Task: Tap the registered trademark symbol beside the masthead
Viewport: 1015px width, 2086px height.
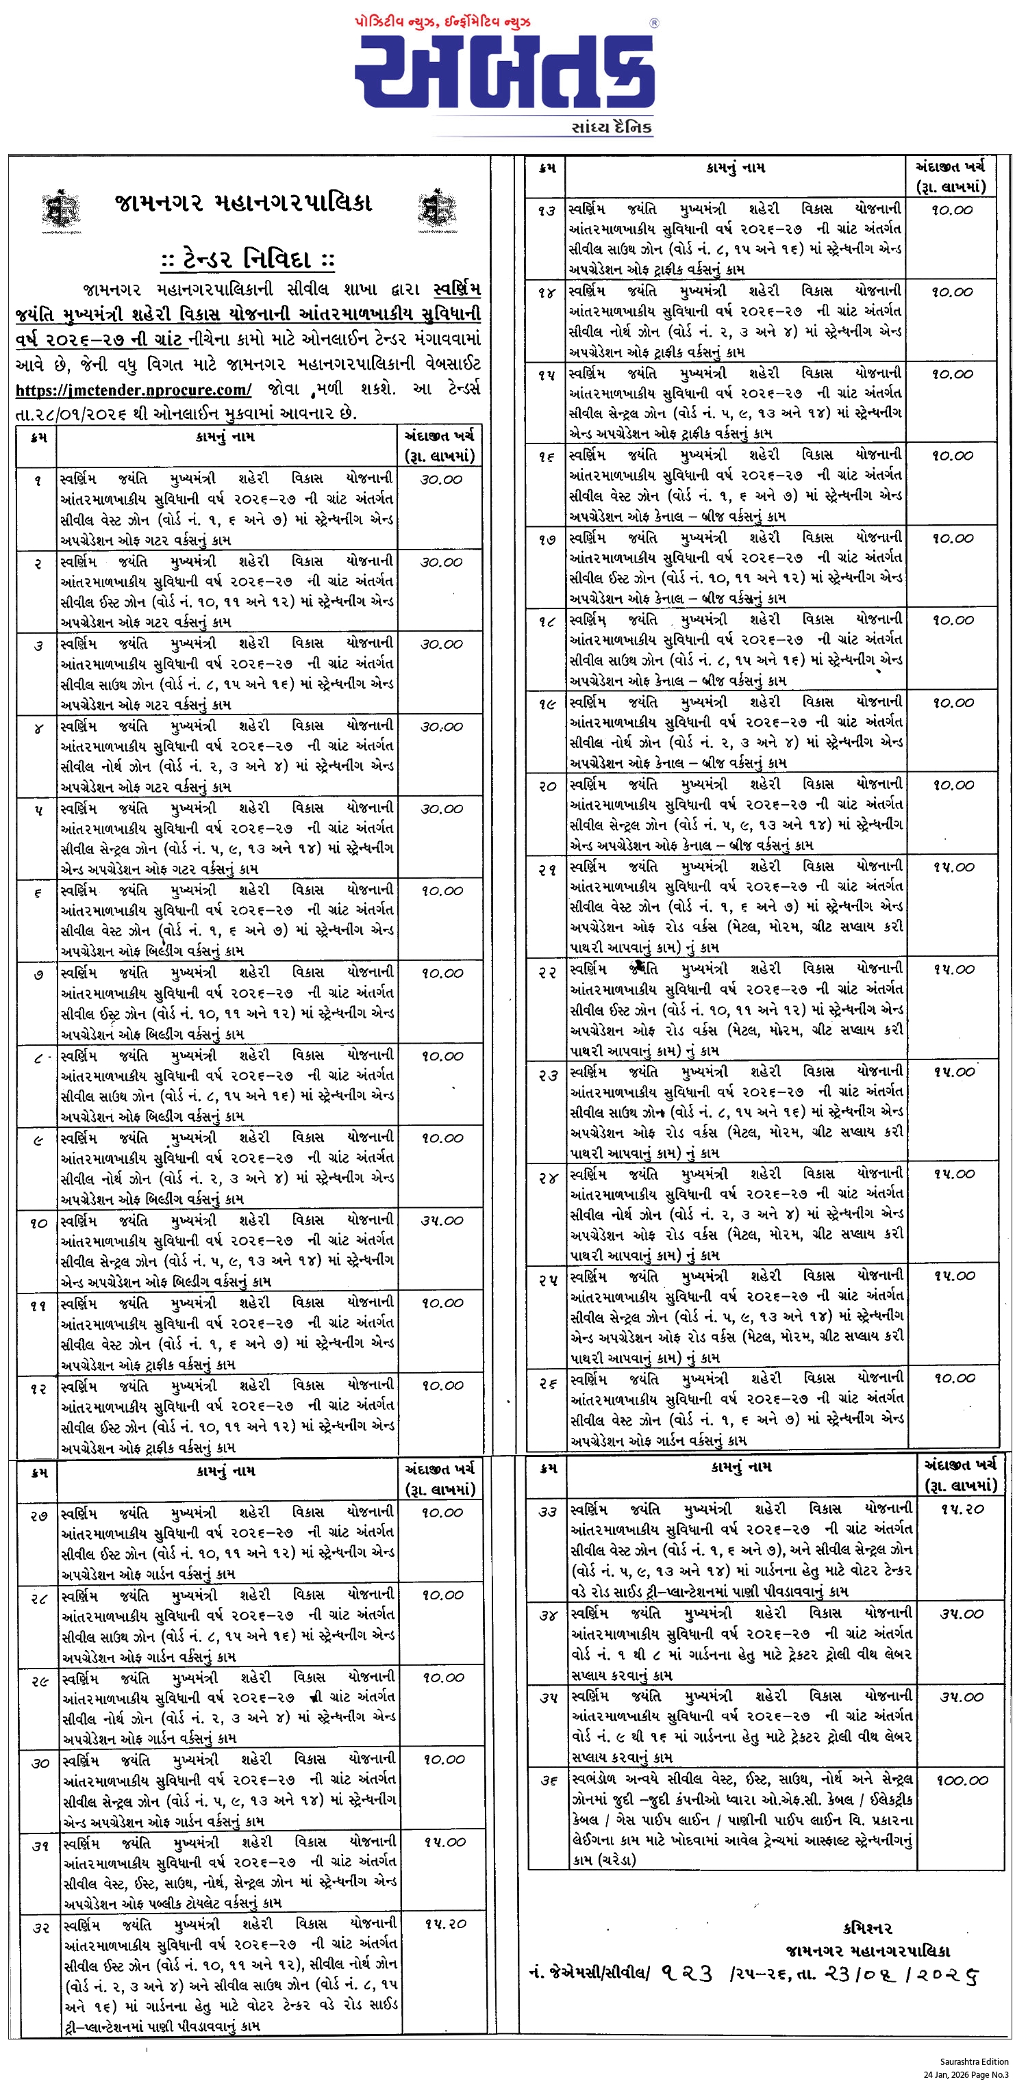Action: pos(653,23)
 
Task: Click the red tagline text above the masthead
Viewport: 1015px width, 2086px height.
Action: pos(443,22)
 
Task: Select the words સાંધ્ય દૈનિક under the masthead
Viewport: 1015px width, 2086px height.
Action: pos(611,127)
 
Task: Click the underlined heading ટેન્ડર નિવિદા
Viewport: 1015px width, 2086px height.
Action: pos(247,260)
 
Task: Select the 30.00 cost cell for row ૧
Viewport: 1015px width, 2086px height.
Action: pos(442,479)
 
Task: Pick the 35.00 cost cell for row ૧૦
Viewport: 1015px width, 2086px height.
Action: pos(442,1220)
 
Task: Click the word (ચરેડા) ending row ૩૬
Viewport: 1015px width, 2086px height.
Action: pos(604,1860)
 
